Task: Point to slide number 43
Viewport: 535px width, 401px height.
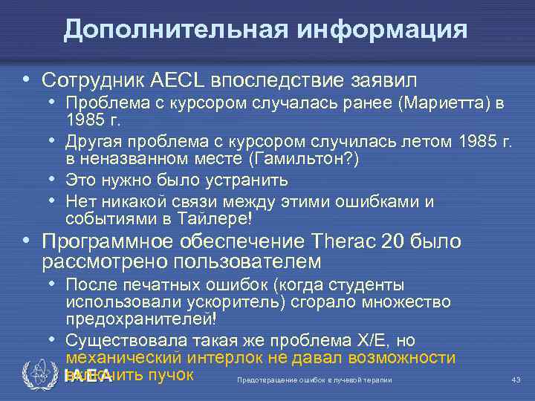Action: (516, 381)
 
